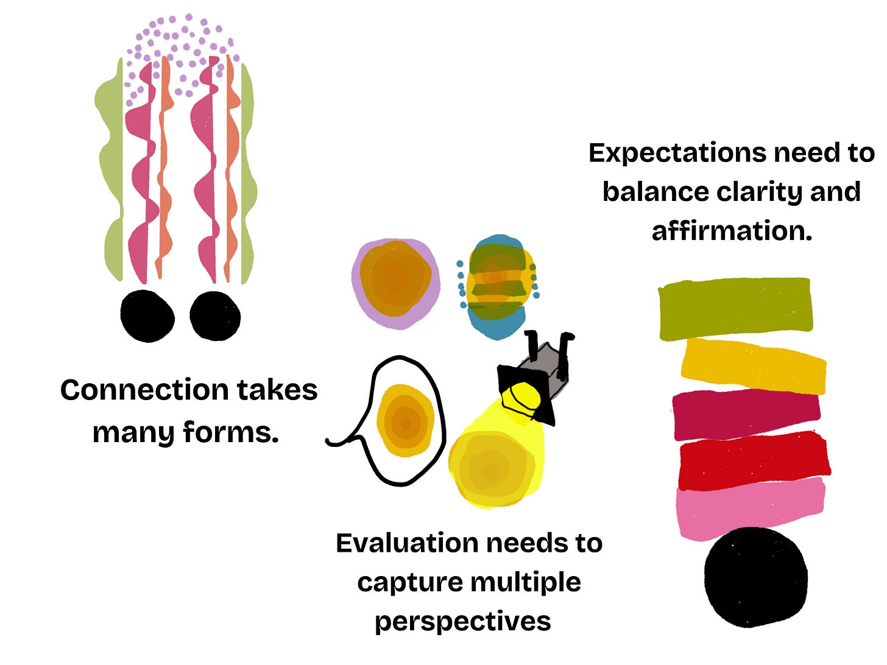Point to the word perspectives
pyautogui.click(x=463, y=622)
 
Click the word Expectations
pyautogui.click(x=676, y=153)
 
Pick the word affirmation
pyautogui.click(x=732, y=231)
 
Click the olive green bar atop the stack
pyautogui.click(x=735, y=308)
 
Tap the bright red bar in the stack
pyautogui.click(x=754, y=459)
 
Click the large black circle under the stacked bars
pyautogui.click(x=756, y=577)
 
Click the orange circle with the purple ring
pyautogui.click(x=395, y=283)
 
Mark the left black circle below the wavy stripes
pyautogui.click(x=147, y=315)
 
